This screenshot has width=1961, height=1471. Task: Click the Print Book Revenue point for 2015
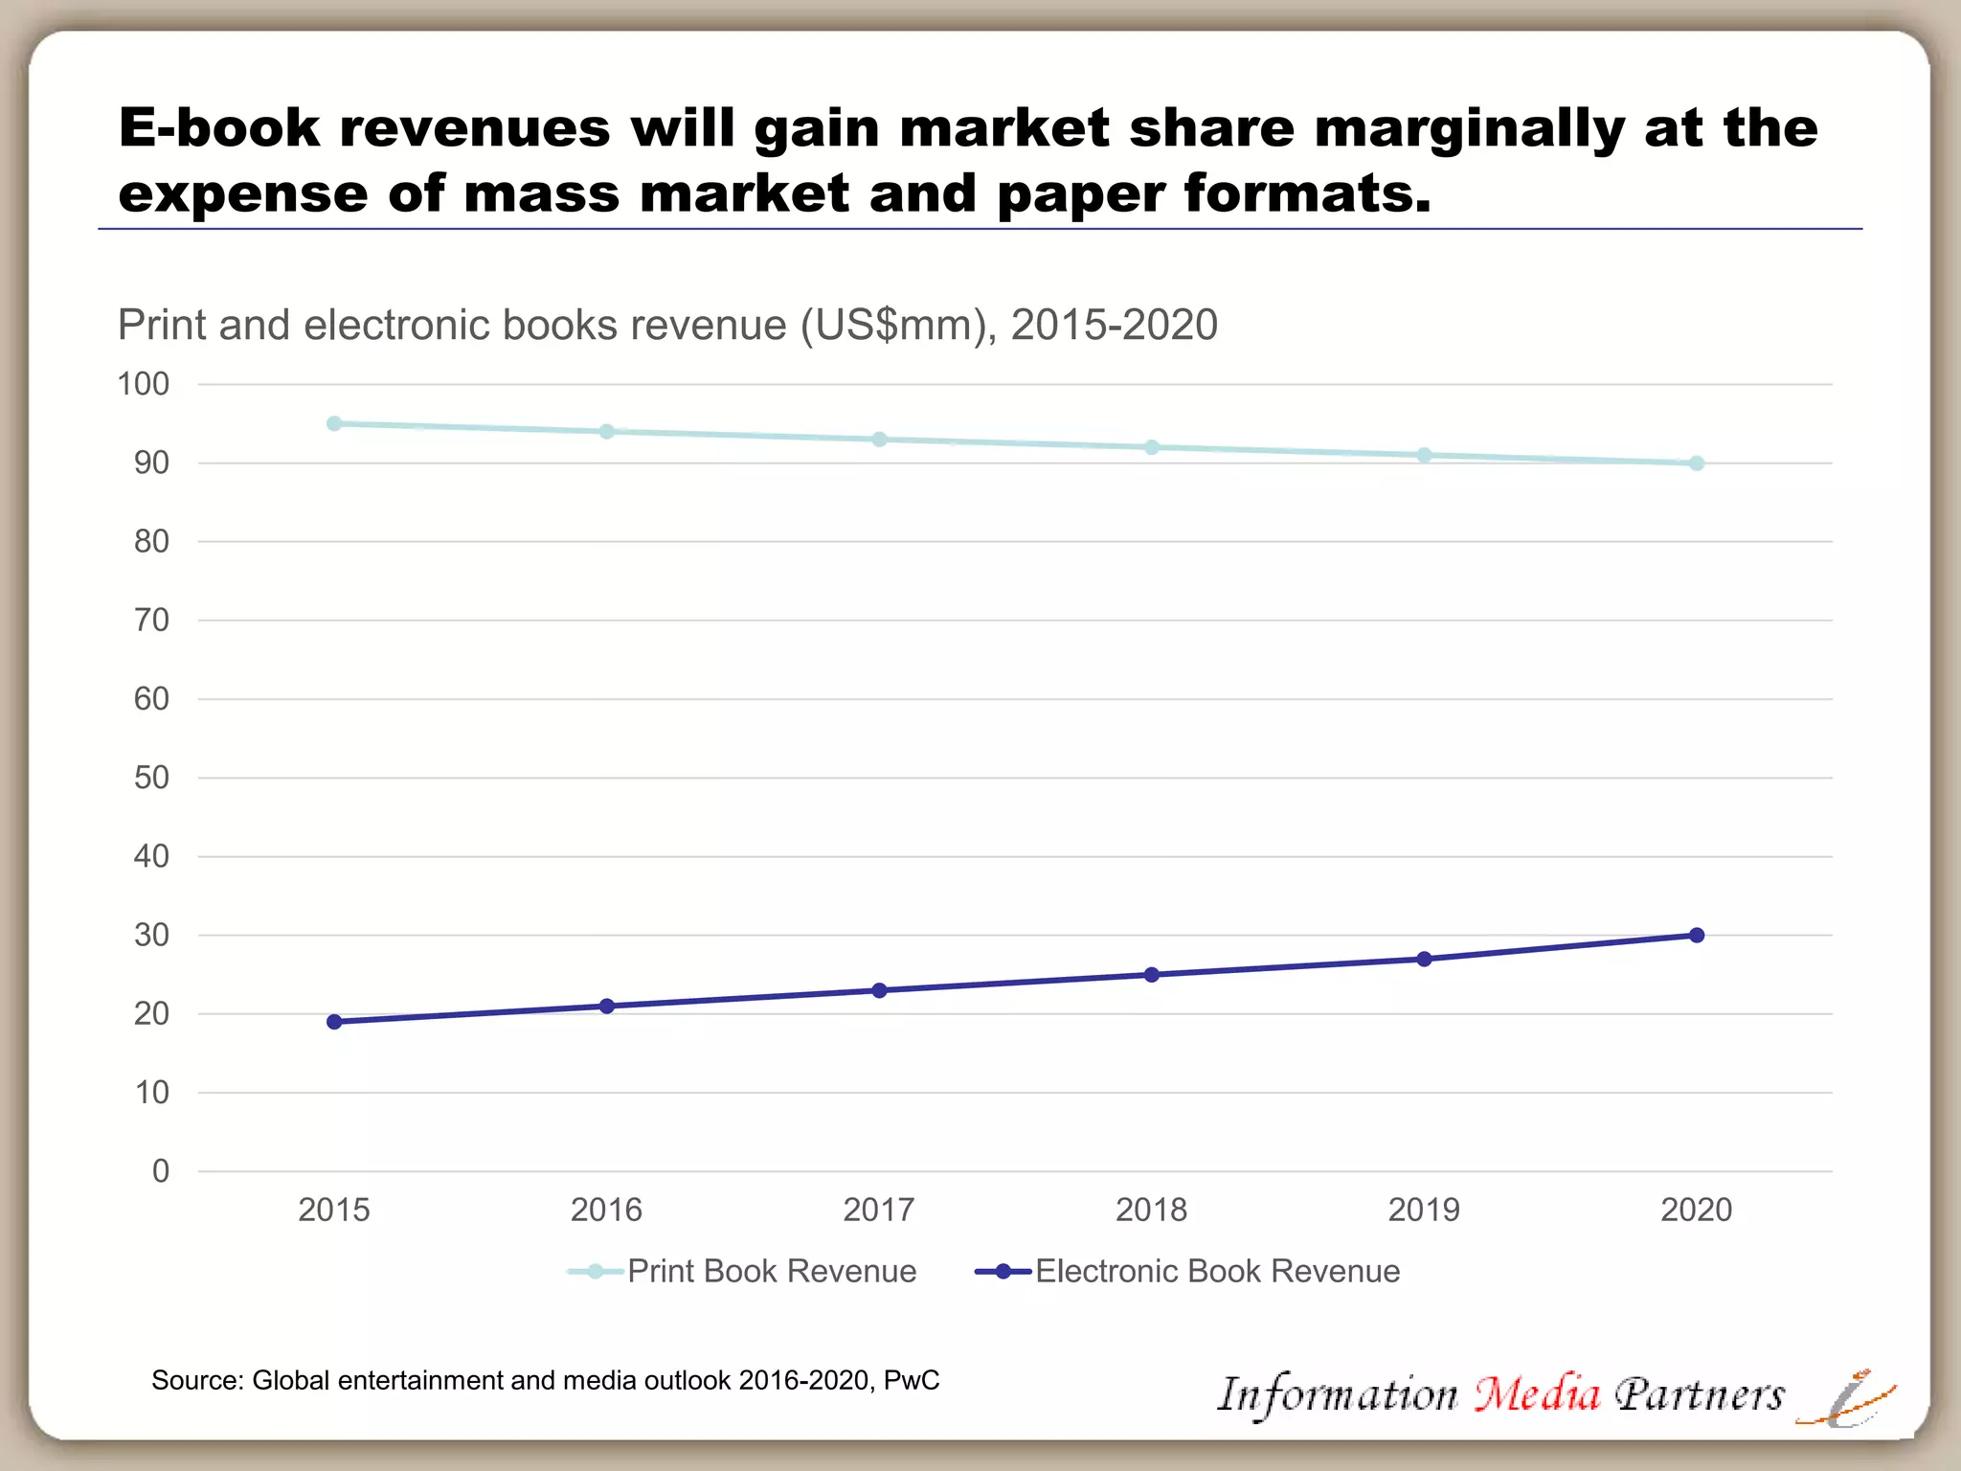(334, 423)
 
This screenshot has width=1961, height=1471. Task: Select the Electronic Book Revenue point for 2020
(1697, 935)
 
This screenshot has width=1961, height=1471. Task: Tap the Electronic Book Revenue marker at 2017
(879, 990)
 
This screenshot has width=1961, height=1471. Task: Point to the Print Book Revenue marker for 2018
(1152, 447)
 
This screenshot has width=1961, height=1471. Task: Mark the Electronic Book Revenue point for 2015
(334, 1022)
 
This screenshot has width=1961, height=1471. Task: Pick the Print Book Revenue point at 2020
(1697, 464)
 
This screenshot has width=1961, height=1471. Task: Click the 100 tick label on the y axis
(143, 384)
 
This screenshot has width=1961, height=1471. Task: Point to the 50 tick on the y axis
(151, 778)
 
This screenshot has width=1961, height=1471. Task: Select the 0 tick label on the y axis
(161, 1171)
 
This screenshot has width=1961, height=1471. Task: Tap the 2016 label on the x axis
(606, 1210)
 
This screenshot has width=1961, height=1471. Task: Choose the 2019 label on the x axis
(1424, 1210)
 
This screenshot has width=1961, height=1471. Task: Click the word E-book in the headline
(219, 127)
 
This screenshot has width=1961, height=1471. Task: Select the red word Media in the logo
(1537, 1394)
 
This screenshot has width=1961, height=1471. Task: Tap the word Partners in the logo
(1700, 1394)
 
